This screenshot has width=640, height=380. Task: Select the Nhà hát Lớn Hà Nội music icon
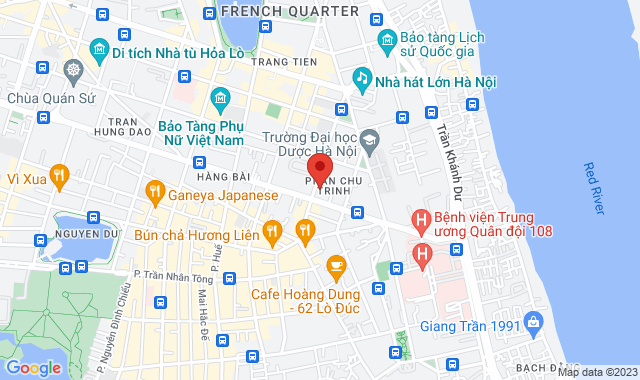click(362, 77)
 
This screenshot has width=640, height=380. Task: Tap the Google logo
click(34, 367)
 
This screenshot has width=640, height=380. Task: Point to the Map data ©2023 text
click(596, 372)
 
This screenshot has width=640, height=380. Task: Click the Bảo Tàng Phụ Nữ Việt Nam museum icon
click(221, 97)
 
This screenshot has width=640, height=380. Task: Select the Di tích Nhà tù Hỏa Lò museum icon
click(99, 49)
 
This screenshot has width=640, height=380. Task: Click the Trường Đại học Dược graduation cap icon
click(369, 139)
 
